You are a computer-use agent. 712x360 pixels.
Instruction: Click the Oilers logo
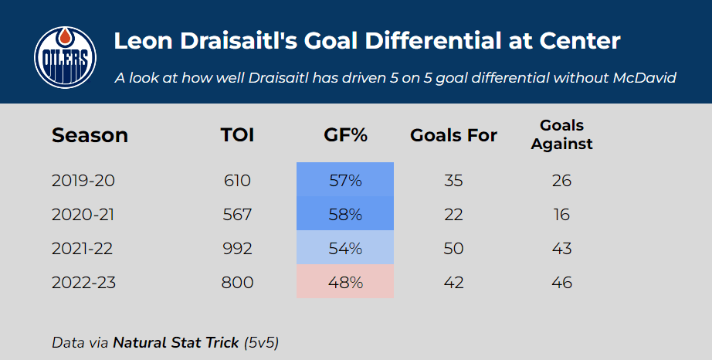point(65,58)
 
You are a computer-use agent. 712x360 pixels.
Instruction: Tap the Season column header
point(90,135)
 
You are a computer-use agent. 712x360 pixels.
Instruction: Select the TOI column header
point(237,135)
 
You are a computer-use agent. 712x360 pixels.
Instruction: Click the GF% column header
point(345,135)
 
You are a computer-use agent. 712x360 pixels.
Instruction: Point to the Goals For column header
point(453,135)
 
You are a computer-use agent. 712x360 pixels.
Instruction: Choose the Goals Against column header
point(561,134)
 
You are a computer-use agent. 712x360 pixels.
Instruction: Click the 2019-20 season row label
point(83,181)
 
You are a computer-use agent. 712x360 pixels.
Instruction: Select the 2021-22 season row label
point(82,249)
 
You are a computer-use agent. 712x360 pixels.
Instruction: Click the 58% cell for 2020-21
point(345,213)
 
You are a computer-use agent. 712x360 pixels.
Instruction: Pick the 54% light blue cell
point(345,247)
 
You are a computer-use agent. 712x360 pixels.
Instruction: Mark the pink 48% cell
point(345,281)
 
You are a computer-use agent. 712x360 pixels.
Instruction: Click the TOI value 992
point(237,249)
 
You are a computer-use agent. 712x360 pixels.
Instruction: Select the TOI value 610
point(237,181)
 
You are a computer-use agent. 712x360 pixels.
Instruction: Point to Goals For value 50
point(453,249)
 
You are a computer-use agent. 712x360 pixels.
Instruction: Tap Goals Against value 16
point(561,215)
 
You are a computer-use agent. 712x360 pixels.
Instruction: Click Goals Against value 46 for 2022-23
point(561,283)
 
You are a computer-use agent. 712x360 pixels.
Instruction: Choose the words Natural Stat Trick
point(176,343)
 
